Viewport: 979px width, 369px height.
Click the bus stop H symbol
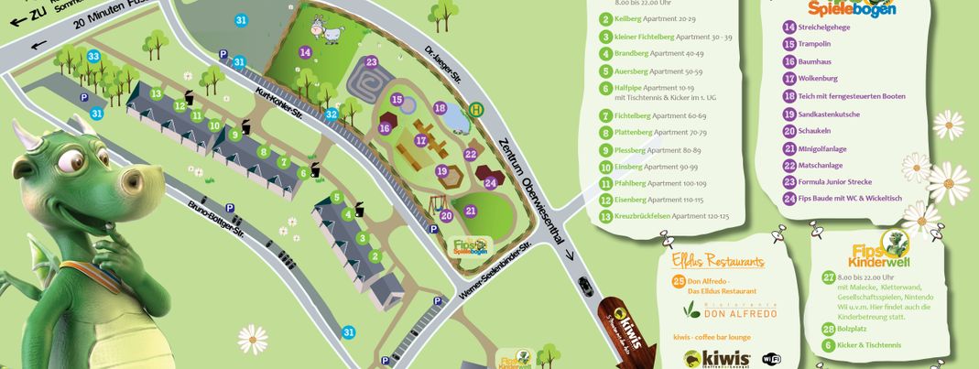pos(476,109)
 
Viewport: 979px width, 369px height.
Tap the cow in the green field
pos(326,29)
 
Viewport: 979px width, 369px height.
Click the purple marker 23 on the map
pos(371,62)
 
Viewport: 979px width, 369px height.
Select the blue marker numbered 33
pos(93,57)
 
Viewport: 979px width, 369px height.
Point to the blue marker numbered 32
pos(332,115)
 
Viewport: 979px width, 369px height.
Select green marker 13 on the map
pos(157,93)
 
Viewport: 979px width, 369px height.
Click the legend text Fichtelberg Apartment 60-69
pos(653,116)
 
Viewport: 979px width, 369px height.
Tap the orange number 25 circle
pos(678,281)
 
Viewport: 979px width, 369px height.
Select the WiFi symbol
pos(771,357)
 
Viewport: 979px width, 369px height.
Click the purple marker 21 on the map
pos(471,211)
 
